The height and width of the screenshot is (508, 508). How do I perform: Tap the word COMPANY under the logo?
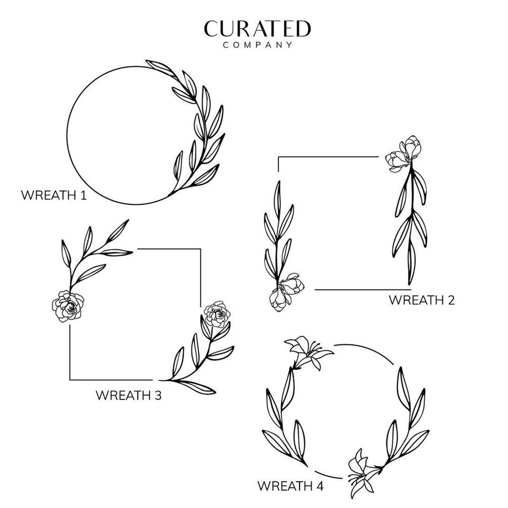click(258, 44)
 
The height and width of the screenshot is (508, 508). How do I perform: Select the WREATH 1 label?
click(54, 195)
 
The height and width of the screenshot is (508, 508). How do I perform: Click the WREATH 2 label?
click(422, 300)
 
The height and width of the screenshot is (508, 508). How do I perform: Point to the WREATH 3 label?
click(129, 395)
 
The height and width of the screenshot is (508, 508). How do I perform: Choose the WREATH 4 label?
click(291, 486)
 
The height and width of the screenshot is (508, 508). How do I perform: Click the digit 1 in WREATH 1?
click(84, 195)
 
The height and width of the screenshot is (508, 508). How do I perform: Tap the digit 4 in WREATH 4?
click(319, 486)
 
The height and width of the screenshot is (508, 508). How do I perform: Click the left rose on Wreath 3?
click(68, 306)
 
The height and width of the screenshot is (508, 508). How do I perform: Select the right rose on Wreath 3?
click(217, 314)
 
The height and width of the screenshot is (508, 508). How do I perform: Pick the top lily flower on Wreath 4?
click(308, 352)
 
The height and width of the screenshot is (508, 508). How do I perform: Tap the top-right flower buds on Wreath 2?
click(403, 153)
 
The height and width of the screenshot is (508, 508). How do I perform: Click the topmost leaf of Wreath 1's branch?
click(160, 68)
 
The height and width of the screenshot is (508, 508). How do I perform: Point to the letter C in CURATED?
click(212, 29)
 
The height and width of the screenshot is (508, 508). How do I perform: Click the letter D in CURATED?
click(303, 29)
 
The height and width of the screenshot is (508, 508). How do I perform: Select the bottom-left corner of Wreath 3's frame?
click(70, 380)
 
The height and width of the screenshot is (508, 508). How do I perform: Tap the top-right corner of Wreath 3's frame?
click(201, 249)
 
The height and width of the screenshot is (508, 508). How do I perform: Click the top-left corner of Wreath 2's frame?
click(278, 157)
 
